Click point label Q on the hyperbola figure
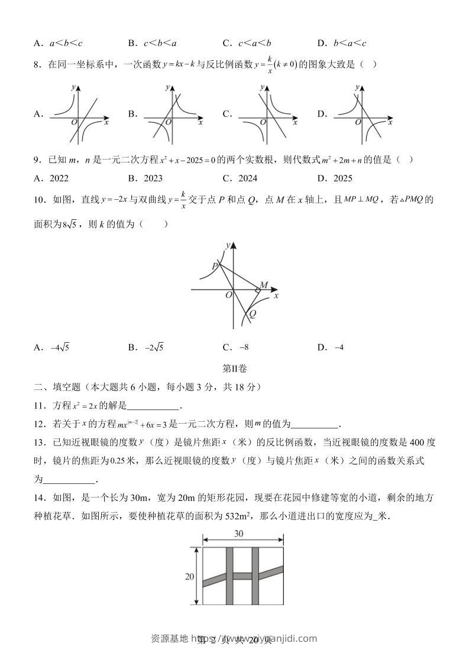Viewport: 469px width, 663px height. pyautogui.click(x=253, y=314)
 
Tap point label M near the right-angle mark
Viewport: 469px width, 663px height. pyautogui.click(x=264, y=285)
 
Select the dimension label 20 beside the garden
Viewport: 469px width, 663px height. pyautogui.click(x=190, y=577)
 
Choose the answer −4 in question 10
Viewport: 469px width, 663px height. pyautogui.click(x=339, y=347)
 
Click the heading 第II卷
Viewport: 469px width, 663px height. pyautogui.click(x=234, y=368)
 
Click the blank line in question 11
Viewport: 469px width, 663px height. pyautogui.click(x=153, y=406)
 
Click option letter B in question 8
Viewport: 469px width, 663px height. pyautogui.click(x=131, y=114)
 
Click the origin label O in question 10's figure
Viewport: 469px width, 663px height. pyautogui.click(x=228, y=295)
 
